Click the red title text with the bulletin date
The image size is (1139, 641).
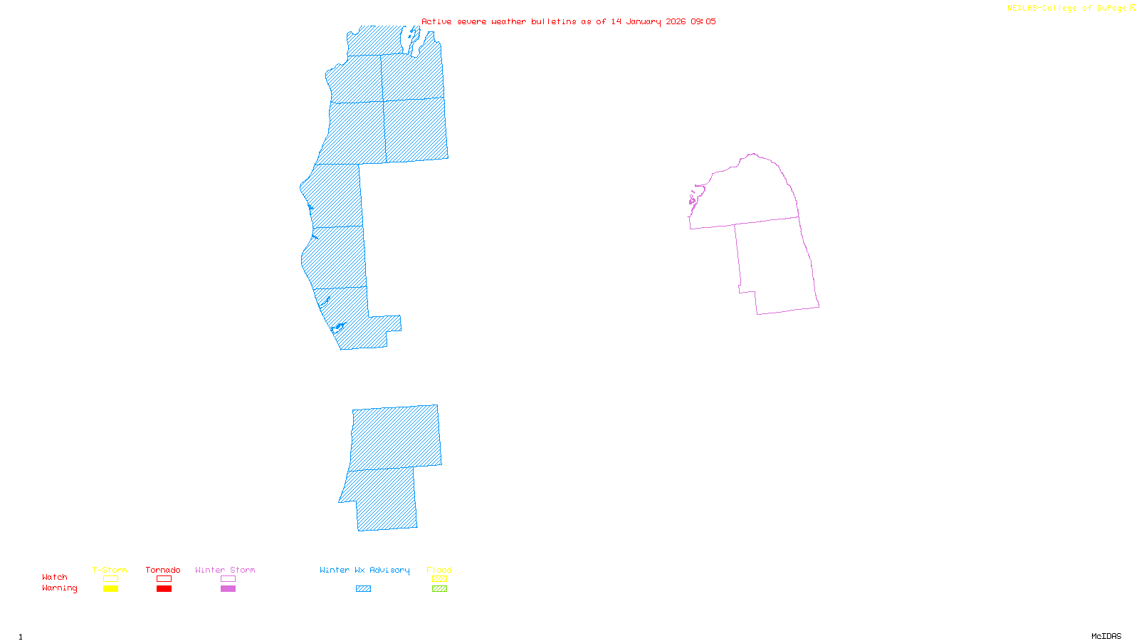[569, 21]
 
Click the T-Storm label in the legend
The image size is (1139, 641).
[110, 570]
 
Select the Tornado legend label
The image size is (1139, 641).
[163, 570]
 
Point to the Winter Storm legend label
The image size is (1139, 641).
[225, 570]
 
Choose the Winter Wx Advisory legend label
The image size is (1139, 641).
[364, 570]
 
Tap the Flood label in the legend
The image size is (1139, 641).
[439, 570]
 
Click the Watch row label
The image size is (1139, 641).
[55, 577]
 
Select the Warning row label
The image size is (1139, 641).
[60, 588]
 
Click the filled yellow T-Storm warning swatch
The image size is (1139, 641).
[110, 589]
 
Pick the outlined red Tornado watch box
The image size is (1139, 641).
[164, 579]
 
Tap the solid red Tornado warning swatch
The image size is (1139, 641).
[164, 589]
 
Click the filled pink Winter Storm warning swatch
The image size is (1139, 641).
[228, 589]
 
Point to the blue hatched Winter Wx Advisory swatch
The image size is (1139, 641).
[363, 589]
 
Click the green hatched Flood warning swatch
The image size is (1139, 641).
[440, 589]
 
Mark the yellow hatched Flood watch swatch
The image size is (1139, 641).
[440, 579]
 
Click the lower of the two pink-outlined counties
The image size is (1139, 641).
[776, 267]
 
